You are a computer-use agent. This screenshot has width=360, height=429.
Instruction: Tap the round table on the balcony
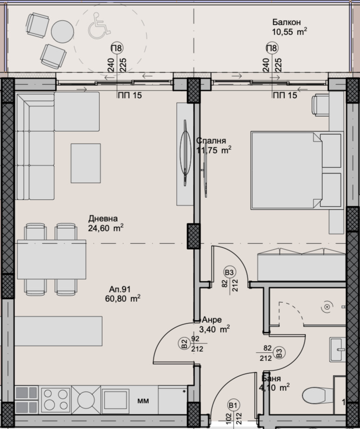(x=62, y=31)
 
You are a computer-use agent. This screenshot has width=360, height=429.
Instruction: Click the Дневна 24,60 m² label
(x=105, y=223)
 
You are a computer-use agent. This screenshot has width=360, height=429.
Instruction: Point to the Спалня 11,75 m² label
(x=212, y=145)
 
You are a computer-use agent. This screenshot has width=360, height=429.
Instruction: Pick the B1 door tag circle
(x=232, y=405)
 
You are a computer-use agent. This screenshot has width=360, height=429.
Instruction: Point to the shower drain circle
(x=327, y=307)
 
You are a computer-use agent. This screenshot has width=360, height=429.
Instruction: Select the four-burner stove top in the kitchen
(x=56, y=399)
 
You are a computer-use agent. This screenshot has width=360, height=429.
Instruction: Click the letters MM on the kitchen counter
(x=143, y=400)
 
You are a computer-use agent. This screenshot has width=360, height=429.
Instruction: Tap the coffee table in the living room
(x=86, y=163)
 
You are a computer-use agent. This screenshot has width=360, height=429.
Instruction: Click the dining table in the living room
(x=51, y=259)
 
